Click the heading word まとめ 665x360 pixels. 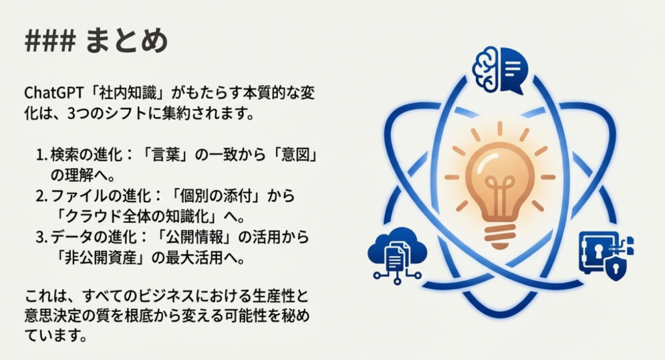127,41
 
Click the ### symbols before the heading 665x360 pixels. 50,42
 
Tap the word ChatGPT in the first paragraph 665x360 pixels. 53,93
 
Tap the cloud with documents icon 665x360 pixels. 397,255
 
